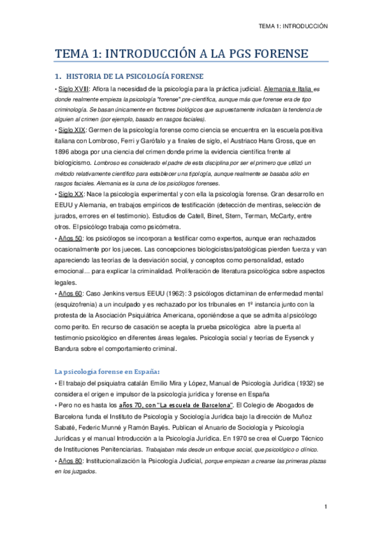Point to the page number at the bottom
point(325,506)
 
